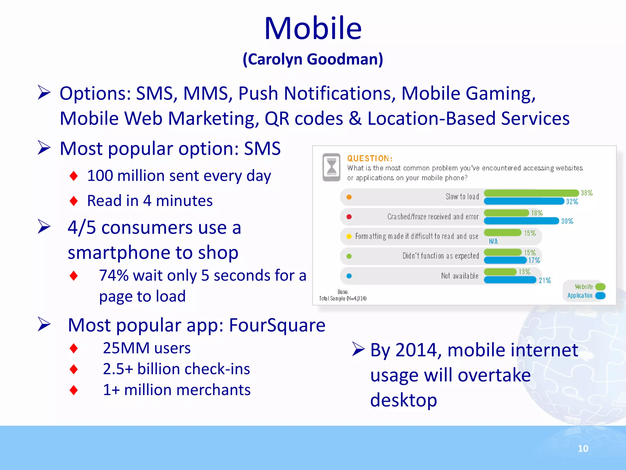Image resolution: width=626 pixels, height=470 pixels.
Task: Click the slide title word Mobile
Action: pos(313,28)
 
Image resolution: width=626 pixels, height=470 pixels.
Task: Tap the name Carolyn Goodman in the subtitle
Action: pos(313,59)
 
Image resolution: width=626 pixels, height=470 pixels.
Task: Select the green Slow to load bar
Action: pos(531,193)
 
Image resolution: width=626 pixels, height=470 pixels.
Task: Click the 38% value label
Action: pos(587,193)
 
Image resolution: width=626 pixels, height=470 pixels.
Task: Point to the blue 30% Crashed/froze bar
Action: pos(521,221)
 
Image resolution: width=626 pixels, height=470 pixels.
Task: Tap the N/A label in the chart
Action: pos(493,241)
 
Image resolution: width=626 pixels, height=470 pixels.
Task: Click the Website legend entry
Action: pos(584,287)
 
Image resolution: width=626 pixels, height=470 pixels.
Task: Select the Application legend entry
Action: pos(580,296)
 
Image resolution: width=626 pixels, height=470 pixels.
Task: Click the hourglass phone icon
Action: pos(332,167)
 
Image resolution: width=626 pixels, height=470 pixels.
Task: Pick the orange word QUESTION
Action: pos(369,159)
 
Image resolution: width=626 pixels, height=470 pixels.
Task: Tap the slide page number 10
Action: pos(583,449)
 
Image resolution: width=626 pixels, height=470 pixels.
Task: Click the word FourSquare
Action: pos(277,325)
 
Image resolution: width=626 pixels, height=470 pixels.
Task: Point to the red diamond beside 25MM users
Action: pos(74,348)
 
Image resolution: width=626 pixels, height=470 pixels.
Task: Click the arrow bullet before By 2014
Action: pos(358,349)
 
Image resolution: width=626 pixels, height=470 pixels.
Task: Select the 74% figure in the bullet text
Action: pos(114,275)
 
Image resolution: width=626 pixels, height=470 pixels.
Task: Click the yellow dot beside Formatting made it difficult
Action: pos(349,237)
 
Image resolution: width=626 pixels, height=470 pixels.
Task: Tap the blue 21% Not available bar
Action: pos(510,280)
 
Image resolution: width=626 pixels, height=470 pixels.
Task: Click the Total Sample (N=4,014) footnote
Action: pos(343,298)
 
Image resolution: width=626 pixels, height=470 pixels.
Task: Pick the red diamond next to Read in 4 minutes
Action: pos(74,201)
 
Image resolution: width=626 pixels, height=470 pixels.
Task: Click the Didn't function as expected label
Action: pos(440,256)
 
